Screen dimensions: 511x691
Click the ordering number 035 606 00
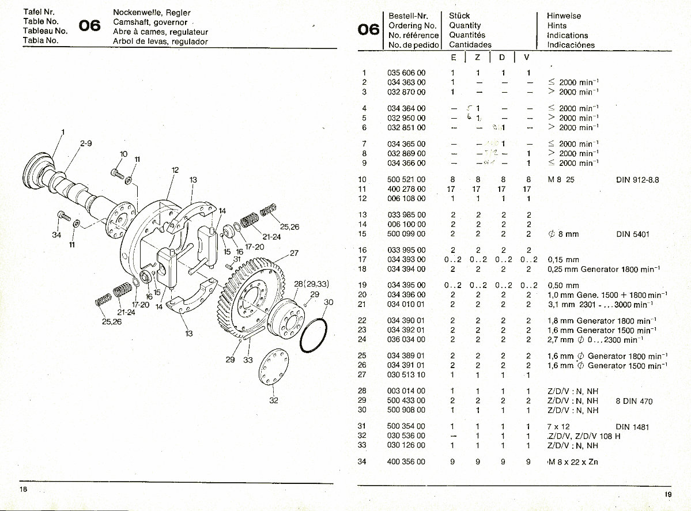point(406,73)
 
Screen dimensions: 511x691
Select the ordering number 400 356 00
point(406,462)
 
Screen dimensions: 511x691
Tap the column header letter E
point(454,58)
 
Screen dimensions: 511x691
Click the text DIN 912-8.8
point(637,180)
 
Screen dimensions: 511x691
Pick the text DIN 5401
point(633,234)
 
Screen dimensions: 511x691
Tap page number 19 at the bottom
point(667,494)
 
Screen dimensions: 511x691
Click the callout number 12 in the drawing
point(175,170)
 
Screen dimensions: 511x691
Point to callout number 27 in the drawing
point(294,253)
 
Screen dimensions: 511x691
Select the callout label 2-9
point(86,143)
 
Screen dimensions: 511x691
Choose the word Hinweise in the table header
point(564,16)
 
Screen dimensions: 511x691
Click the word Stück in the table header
point(459,16)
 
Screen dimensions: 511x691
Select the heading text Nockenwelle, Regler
point(152,13)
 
